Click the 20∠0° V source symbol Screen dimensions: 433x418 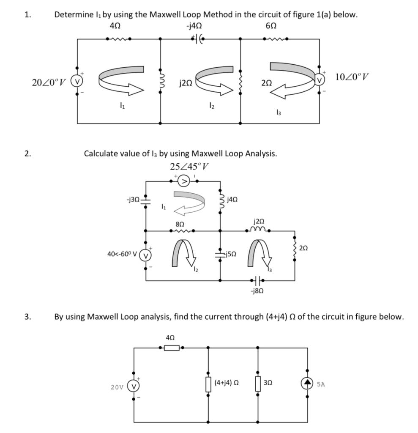click(x=78, y=80)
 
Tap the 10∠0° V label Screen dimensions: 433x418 click(x=352, y=77)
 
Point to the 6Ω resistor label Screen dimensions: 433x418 click(x=271, y=26)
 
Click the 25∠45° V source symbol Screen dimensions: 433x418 click(x=184, y=181)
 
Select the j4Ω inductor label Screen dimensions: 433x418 click(x=232, y=199)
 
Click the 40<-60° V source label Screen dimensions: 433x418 click(x=122, y=255)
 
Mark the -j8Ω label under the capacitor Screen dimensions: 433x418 click(x=257, y=292)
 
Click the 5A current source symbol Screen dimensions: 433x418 click(x=307, y=384)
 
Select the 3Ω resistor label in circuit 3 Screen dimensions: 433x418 click(x=268, y=382)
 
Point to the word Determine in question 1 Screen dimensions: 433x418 click(x=74, y=14)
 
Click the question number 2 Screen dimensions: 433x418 click(x=27, y=153)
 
